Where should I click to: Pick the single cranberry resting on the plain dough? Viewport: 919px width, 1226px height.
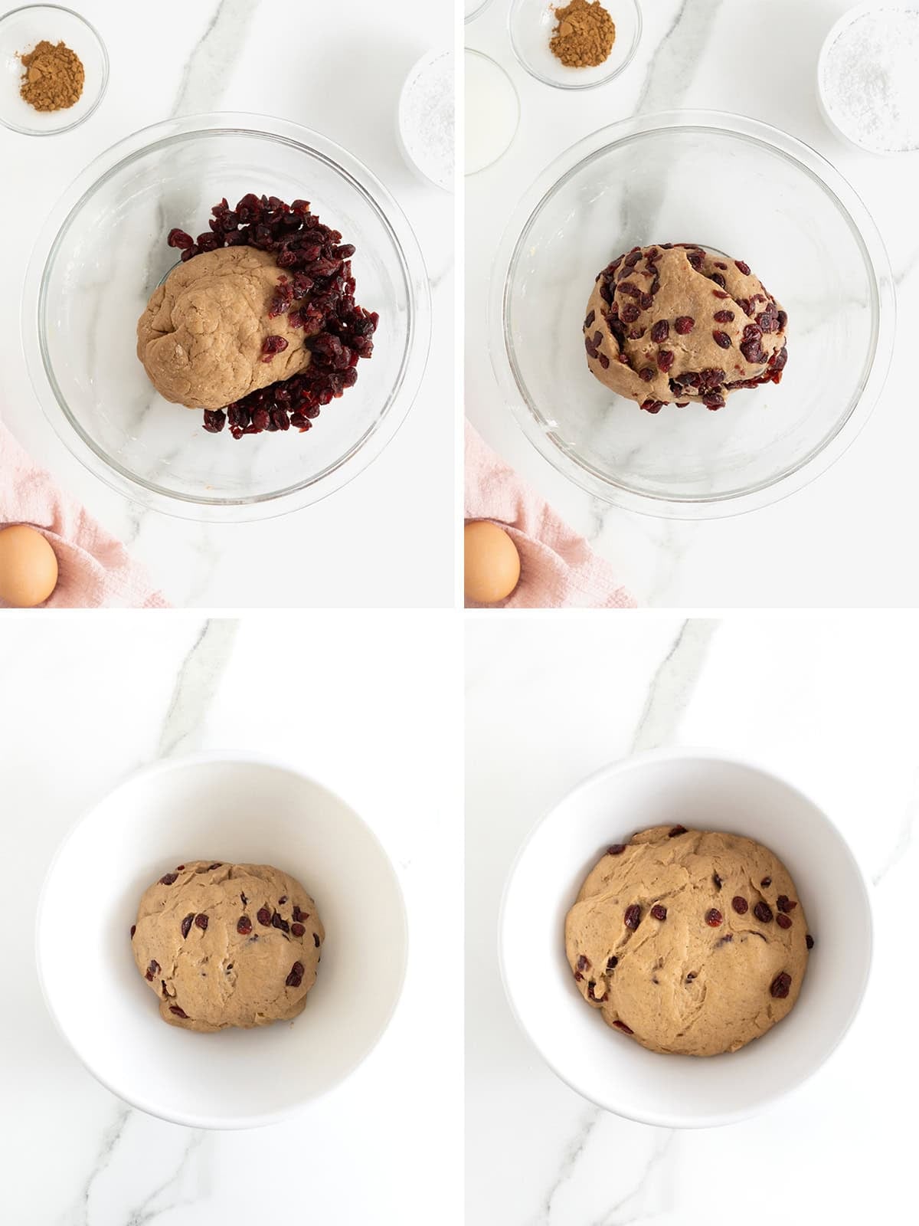pyautogui.click(x=273, y=346)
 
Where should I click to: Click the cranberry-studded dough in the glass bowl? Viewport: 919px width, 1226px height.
pyautogui.click(x=685, y=326)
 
